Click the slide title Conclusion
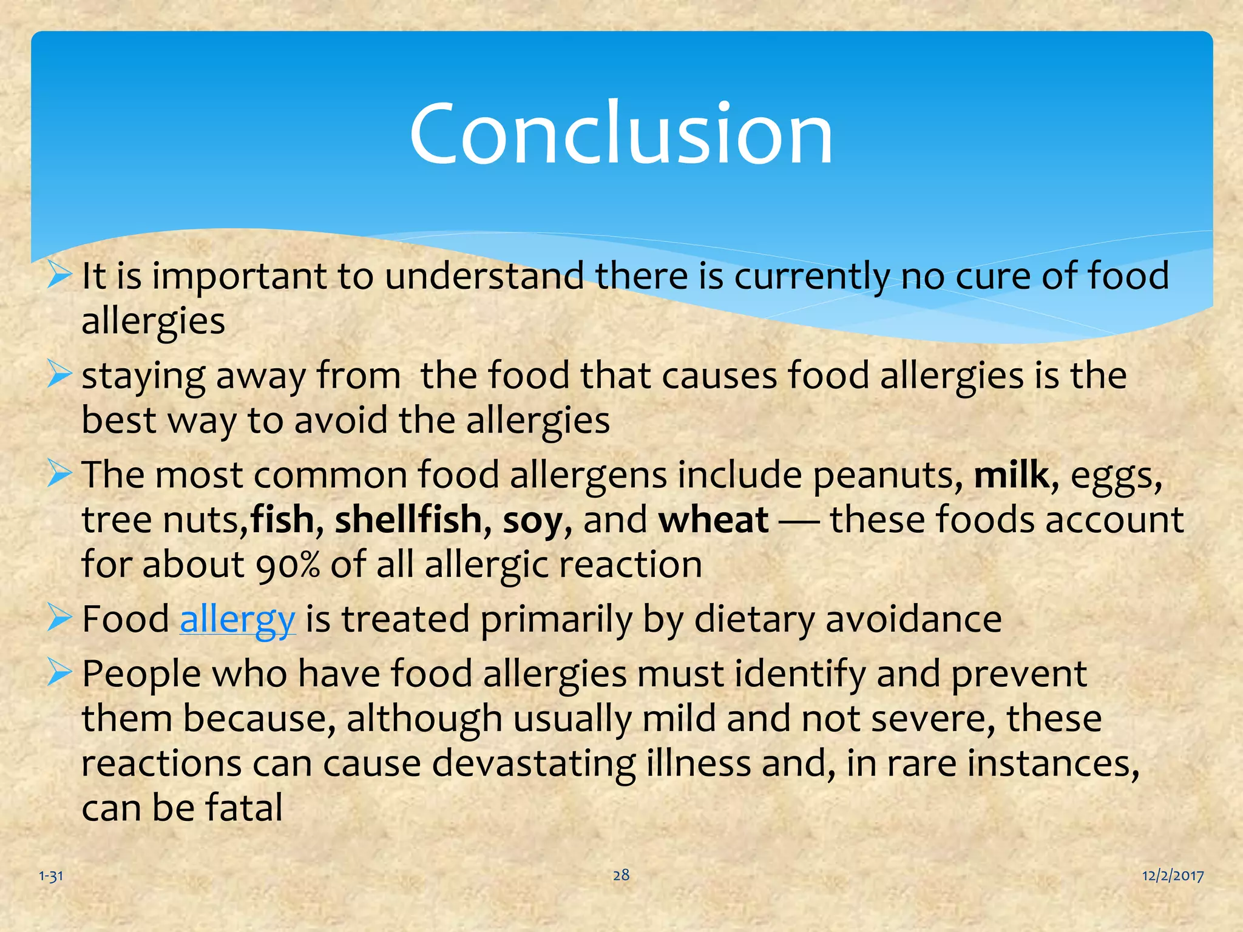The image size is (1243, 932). pos(621,133)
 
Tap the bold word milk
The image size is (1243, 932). pos(1011,475)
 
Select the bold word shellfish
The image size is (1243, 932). pos(408,520)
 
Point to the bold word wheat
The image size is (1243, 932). pos(714,520)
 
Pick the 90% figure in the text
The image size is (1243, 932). pos(288,566)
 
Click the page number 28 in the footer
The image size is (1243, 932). pos(621,874)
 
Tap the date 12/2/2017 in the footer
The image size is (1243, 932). pos(1173,876)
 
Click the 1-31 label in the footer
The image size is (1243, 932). pos(51,876)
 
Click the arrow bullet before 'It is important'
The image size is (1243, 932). pos(59,275)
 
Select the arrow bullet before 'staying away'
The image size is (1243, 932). pos(59,375)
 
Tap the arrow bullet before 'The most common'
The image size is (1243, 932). pos(59,474)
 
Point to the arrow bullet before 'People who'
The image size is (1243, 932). pos(59,674)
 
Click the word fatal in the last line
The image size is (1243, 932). pos(244,808)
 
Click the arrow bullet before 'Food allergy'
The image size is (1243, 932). pos(59,619)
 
